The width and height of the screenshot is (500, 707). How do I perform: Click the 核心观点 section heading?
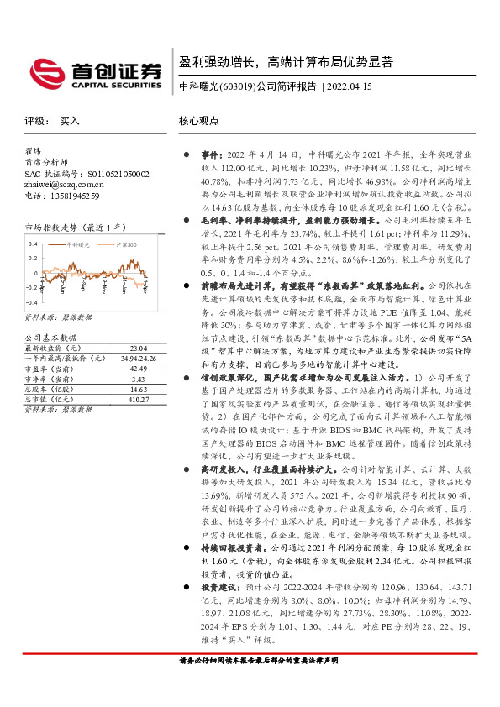[199, 121]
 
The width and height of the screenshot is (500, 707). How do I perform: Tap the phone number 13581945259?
[76, 196]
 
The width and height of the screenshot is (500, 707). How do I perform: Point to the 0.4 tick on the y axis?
[33, 244]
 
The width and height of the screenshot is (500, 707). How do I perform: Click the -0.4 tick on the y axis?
[32, 301]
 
